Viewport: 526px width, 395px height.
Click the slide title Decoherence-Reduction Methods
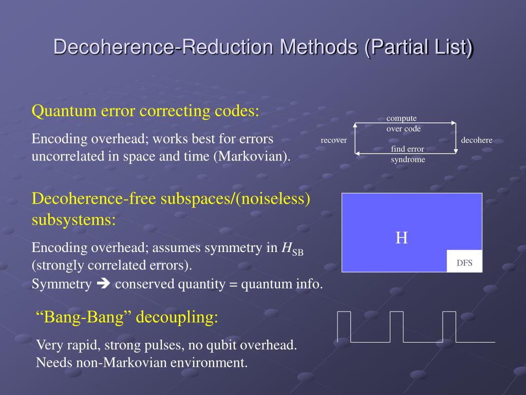click(263, 47)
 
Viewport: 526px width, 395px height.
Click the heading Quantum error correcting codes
click(145, 111)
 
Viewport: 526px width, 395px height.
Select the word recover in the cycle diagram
click(334, 140)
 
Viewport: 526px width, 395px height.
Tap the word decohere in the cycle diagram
click(477, 140)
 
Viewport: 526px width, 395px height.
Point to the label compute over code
click(403, 124)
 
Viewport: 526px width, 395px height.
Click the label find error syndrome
click(408, 154)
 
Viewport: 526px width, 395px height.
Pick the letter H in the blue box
click(402, 238)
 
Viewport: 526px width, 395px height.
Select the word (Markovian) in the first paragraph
click(252, 156)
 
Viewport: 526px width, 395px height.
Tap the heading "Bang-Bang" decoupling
click(127, 317)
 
